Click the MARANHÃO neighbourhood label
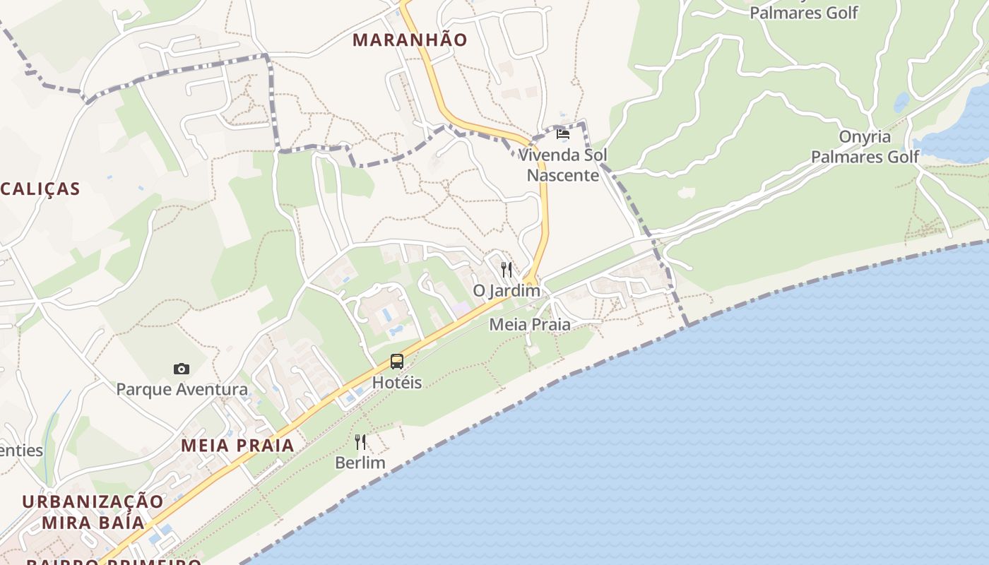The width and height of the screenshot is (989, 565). pos(410,40)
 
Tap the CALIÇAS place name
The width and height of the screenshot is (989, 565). pos(40,189)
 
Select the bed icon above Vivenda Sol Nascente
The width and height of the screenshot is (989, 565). pos(563,133)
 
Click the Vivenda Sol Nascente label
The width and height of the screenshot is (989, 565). pos(563,165)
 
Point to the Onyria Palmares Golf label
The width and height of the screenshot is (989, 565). pos(865,147)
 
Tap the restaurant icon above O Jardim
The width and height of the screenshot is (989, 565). pos(507,269)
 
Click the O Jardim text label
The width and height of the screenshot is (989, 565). pos(507,290)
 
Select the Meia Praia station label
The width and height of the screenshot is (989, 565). pos(530,324)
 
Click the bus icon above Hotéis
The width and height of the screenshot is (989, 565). pos(397,362)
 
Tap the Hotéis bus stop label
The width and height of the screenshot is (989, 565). pos(397,383)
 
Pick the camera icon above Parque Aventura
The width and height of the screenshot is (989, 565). pos(182,369)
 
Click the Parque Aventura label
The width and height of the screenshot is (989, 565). pos(182,389)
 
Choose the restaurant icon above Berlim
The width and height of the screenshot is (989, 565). pos(360,442)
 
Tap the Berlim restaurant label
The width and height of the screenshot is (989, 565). pos(360,463)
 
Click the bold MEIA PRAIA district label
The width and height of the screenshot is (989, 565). pos(237,445)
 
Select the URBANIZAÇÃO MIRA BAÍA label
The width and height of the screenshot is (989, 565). pos(93,512)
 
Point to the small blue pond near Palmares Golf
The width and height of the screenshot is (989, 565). pos(901,103)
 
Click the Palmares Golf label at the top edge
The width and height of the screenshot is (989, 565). pos(804,12)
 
